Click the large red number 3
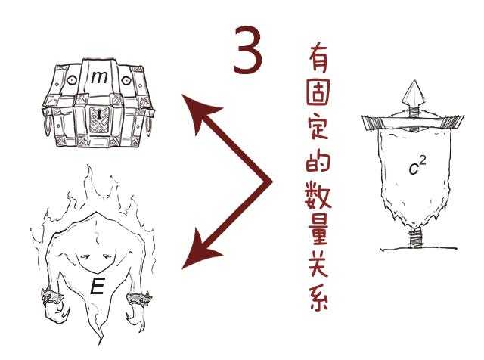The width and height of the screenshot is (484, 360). (x=247, y=50)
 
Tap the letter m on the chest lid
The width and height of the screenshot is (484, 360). (x=99, y=77)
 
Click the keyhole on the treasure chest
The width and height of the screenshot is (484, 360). (x=99, y=116)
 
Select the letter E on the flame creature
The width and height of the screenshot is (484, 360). (x=98, y=286)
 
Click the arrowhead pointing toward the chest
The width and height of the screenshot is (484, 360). (x=197, y=110)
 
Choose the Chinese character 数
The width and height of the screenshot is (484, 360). (x=318, y=195)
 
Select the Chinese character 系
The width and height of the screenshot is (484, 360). (x=318, y=297)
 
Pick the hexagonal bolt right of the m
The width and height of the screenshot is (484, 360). (x=126, y=81)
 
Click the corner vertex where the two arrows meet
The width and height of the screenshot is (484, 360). (x=271, y=182)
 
